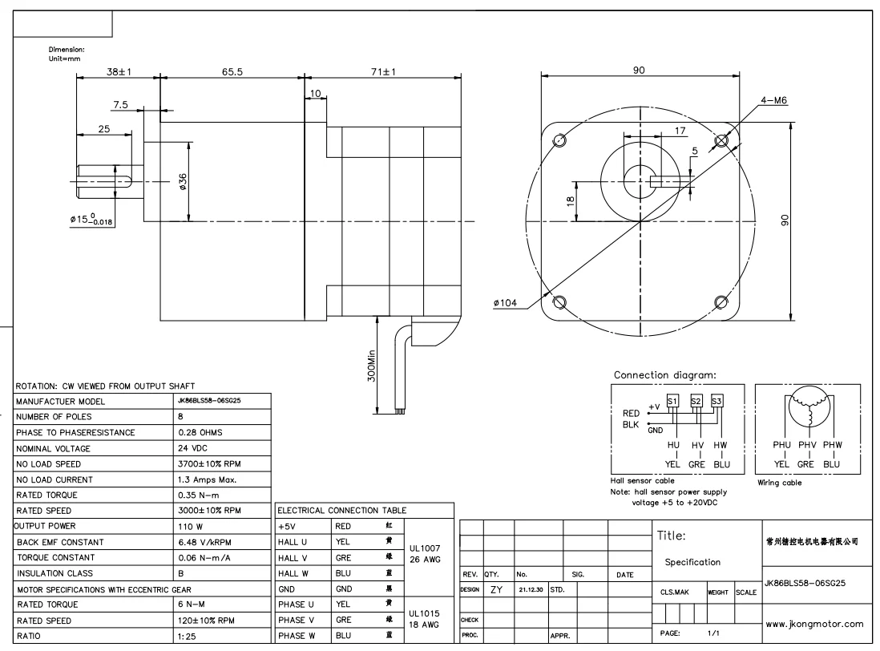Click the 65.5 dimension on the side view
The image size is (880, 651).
232,72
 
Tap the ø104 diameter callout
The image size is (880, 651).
505,303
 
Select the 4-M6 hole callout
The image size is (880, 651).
774,100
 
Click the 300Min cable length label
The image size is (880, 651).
372,366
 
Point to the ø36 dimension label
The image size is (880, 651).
183,182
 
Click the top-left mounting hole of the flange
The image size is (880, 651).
559,139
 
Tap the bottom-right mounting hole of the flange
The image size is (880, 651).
721,302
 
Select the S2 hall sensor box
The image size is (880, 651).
696,401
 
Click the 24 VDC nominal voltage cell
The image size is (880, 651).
192,448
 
